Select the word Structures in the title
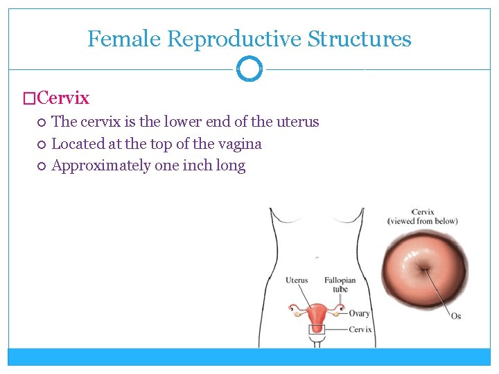[359, 39]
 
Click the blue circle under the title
[249, 69]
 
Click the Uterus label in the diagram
[297, 280]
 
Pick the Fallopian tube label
[340, 285]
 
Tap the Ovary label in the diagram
[359, 314]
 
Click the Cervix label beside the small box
[360, 330]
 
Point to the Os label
[455, 316]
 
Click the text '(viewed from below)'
[422, 222]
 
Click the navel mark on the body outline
[317, 258]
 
